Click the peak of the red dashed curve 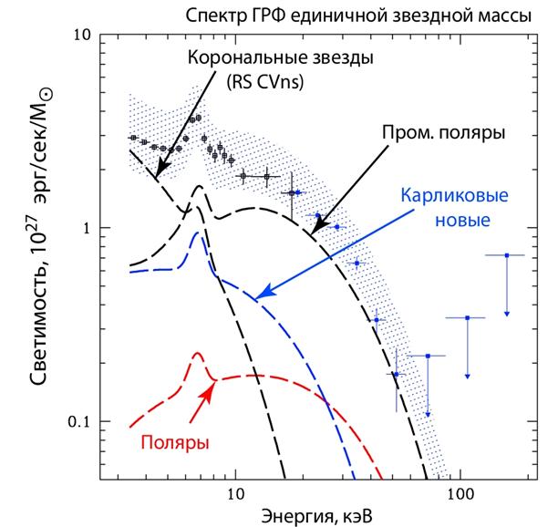[x=197, y=353]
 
